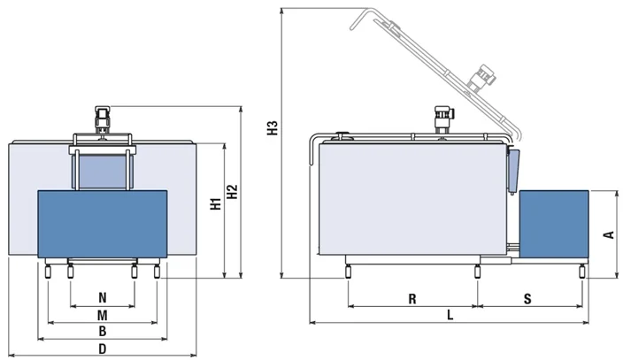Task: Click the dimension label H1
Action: click(215, 204)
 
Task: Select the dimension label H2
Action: click(232, 196)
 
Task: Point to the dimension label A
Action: click(608, 234)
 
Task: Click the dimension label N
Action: click(102, 297)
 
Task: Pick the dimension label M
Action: click(102, 314)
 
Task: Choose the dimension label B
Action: click(102, 331)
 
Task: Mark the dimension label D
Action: click(102, 349)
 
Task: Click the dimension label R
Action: click(412, 299)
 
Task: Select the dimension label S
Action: click(527, 299)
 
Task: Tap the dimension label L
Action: click(450, 314)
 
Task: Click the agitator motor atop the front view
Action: click(102, 117)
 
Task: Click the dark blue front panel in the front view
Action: click(102, 226)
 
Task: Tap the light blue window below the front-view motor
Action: click(102, 170)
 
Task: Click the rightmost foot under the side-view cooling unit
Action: click(581, 270)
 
